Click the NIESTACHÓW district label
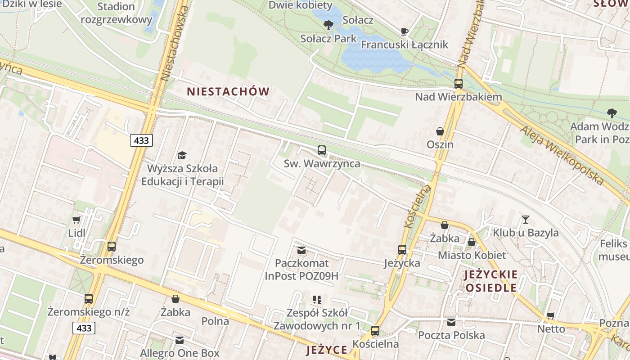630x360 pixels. [228, 92]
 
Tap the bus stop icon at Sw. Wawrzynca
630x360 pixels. [321, 150]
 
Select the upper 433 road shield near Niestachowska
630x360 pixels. [141, 140]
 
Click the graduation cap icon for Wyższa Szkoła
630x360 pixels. [182, 155]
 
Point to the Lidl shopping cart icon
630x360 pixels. [76, 220]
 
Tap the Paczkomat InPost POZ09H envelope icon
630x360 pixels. [301, 250]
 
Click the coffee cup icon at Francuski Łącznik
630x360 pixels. [404, 31]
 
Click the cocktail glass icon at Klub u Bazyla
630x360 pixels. [525, 220]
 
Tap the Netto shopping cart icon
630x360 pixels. [550, 315]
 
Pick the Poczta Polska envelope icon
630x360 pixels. [451, 322]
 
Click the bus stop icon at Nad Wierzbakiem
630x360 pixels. [458, 84]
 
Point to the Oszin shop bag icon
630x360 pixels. [440, 131]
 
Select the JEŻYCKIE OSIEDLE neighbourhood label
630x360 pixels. [491, 281]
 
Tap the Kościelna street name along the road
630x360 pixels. [417, 206]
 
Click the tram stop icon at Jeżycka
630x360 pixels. [402, 250]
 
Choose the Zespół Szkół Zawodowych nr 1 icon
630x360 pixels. [317, 299]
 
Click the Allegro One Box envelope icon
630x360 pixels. [180, 340]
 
